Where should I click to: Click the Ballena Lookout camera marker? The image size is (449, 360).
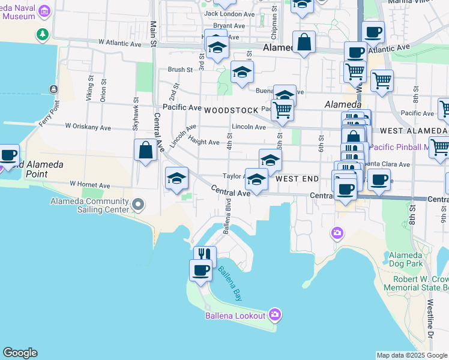point(275,314)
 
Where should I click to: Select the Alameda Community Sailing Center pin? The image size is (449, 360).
point(138,206)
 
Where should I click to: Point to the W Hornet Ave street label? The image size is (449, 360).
point(90,184)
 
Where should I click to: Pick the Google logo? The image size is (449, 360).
point(20,353)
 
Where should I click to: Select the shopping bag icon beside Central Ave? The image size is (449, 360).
point(146,151)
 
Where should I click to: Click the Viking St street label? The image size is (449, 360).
point(91,87)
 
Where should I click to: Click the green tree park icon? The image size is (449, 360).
point(43,34)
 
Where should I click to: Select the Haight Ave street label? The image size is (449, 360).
point(204,142)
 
